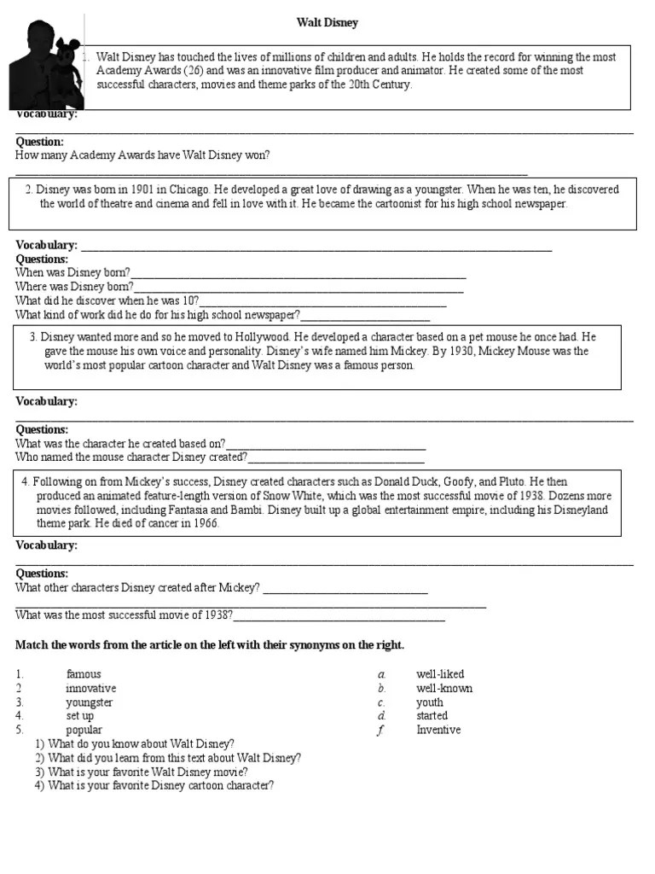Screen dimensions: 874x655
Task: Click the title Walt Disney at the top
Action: pos(327,23)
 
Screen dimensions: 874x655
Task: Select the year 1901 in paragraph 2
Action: pos(141,189)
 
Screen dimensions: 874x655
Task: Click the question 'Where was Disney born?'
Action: pos(74,287)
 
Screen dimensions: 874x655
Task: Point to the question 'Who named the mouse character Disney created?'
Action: pos(131,457)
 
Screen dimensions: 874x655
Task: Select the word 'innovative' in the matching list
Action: pos(90,688)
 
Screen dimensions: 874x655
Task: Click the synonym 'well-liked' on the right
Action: pos(440,674)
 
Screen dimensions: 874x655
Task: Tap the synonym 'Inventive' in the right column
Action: pos(438,730)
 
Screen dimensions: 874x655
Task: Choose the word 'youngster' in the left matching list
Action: pos(90,702)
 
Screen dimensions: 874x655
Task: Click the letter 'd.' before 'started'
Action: pos(383,716)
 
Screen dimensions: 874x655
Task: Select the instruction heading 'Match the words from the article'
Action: pos(210,644)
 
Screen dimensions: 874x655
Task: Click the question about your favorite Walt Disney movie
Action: pos(148,772)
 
